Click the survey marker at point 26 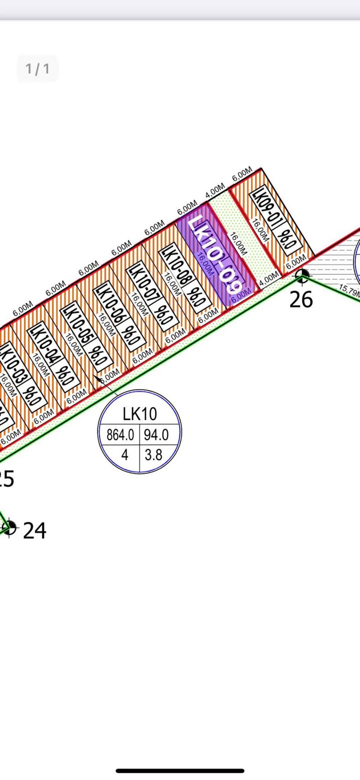coord(301,275)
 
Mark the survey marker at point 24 coord(9,527)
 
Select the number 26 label coord(301,299)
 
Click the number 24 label coord(34,530)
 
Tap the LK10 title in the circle coord(139,414)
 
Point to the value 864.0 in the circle coord(120,435)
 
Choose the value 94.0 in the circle coord(156,435)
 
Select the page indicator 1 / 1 coord(37,69)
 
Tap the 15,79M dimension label coord(349,291)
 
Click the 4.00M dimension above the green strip coord(215,191)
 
